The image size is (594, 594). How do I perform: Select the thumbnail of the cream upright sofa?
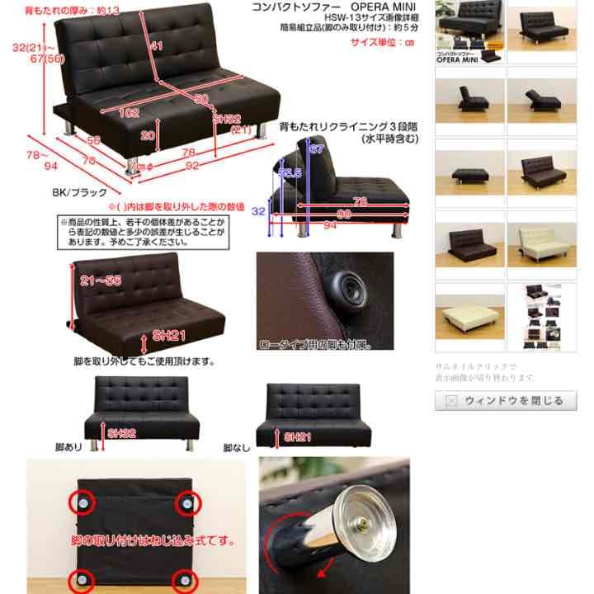coord(540,244)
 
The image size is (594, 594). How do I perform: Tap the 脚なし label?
coord(238,448)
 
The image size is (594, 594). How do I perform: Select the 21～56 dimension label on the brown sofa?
coord(101,280)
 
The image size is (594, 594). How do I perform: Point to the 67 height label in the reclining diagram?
coord(314,149)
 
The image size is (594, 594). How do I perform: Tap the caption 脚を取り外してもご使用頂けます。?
coord(144,361)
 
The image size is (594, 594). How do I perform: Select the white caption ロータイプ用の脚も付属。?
coord(315,344)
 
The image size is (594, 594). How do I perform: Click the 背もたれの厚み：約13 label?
coord(72,10)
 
